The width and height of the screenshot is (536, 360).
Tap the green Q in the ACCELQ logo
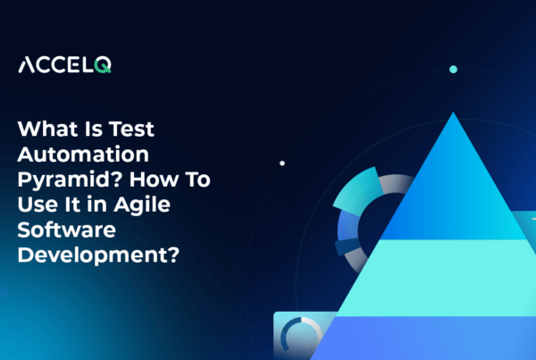105,64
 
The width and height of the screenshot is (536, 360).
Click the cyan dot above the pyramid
453,69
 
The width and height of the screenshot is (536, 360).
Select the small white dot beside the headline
282,163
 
